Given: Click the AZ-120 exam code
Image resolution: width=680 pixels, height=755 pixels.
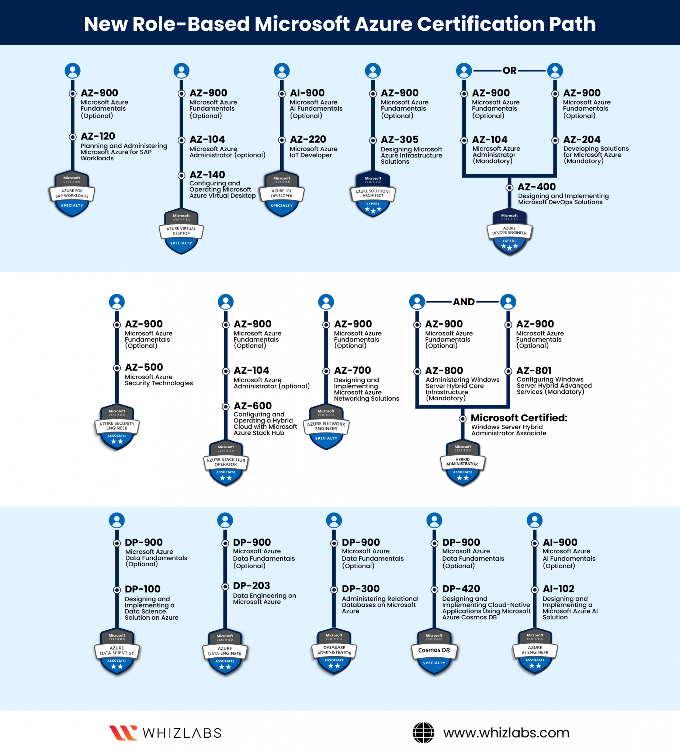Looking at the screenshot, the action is (98, 136).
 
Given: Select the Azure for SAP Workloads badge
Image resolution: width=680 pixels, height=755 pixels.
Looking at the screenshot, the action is (72, 194).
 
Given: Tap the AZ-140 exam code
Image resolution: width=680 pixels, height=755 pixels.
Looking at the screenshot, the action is (207, 175).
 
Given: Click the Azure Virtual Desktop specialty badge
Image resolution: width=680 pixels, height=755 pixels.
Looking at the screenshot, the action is (181, 232).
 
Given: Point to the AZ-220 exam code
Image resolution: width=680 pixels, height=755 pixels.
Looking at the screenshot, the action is (308, 139).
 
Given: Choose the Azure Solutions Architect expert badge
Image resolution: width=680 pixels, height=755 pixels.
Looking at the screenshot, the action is (373, 194).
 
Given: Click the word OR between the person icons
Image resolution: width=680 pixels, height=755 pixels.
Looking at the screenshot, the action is (509, 71).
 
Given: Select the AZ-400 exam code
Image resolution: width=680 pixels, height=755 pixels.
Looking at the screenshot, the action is (537, 187).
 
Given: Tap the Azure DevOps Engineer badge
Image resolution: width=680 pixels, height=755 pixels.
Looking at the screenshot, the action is (509, 232).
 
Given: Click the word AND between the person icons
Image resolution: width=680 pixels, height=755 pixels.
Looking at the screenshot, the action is (464, 302).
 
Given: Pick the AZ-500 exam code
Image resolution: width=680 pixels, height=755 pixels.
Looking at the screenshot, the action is (144, 367).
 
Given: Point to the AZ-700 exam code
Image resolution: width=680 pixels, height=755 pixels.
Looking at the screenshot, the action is (352, 370).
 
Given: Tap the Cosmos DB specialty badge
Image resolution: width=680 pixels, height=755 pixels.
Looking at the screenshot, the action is (434, 652).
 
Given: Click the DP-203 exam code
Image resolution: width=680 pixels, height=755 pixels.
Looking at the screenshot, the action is (251, 586).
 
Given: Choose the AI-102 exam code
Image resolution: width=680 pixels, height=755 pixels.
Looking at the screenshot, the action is (559, 589).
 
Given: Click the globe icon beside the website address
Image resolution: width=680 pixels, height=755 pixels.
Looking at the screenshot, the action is (423, 733).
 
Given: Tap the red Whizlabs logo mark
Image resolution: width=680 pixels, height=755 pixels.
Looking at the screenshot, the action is (123, 733).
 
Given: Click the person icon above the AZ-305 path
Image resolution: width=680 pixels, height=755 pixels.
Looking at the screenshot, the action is (373, 71).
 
